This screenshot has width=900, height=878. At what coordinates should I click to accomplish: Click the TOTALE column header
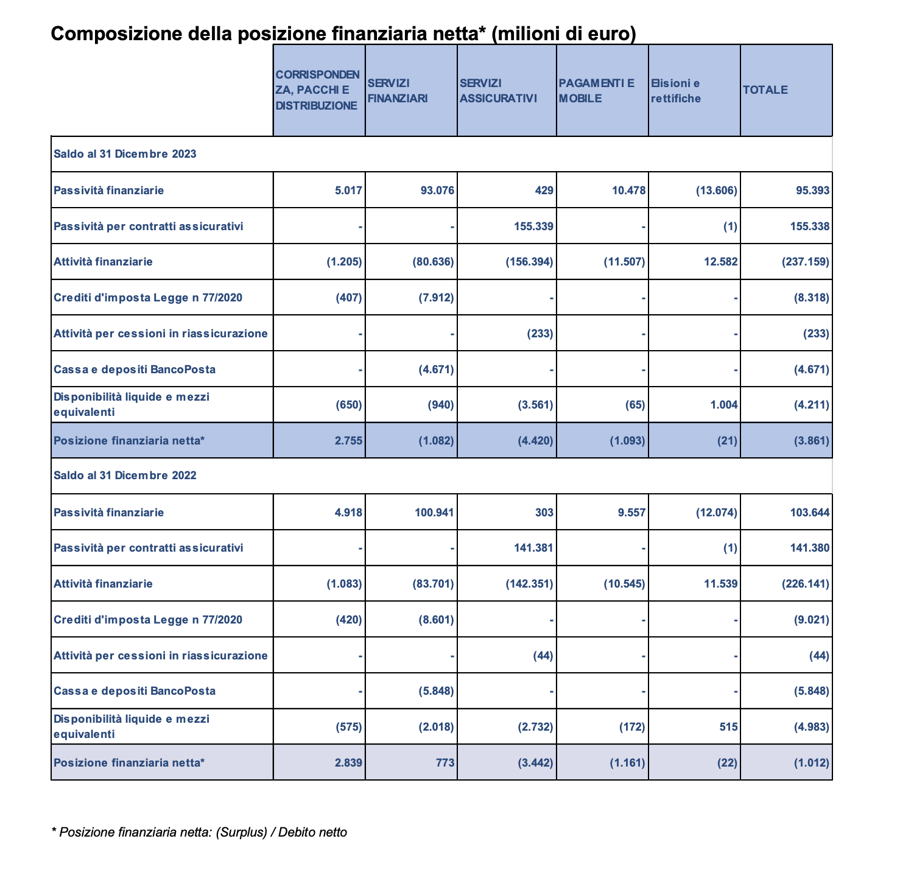[x=765, y=90]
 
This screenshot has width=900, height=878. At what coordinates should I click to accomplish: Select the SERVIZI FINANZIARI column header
[x=398, y=91]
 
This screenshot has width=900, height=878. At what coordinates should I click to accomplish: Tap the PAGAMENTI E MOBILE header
[x=596, y=91]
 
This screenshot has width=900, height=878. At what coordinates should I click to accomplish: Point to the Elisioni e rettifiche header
[x=675, y=91]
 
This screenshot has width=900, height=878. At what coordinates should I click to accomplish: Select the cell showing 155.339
[x=532, y=227]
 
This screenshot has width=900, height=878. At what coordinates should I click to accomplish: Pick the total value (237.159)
[x=805, y=262]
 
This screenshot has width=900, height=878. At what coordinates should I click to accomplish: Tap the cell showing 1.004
[x=724, y=405]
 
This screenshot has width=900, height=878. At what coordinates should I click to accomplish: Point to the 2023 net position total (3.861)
[x=811, y=441]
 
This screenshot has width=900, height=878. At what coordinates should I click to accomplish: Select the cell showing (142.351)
[x=529, y=584]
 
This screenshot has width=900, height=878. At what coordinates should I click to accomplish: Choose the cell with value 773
[x=445, y=762]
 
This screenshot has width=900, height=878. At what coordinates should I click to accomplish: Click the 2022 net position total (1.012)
[x=811, y=762]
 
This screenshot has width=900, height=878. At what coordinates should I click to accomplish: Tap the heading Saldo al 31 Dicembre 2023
[x=125, y=154]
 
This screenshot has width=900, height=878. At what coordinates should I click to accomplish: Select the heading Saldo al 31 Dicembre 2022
[x=125, y=476]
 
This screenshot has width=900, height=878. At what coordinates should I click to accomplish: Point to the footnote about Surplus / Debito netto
[x=200, y=832]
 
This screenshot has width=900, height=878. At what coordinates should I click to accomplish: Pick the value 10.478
[x=628, y=191]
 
